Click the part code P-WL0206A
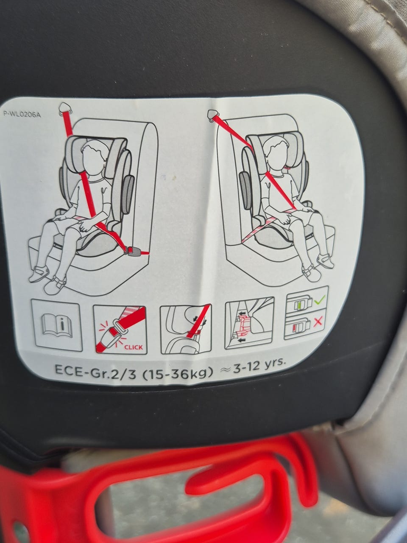22,115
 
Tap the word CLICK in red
134,347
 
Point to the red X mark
318,322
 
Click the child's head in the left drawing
93,157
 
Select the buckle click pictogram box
120,329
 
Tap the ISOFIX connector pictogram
249,322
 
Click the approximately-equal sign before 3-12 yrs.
225,371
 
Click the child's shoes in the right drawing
319,266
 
